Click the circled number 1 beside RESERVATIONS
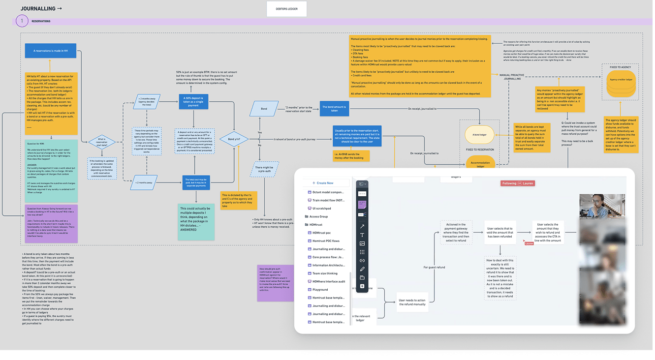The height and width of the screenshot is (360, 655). (22, 21)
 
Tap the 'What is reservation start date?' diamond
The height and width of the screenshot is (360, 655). (101, 143)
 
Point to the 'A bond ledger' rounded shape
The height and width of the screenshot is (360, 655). (479, 134)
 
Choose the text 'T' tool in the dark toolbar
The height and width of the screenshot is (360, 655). (362, 235)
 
